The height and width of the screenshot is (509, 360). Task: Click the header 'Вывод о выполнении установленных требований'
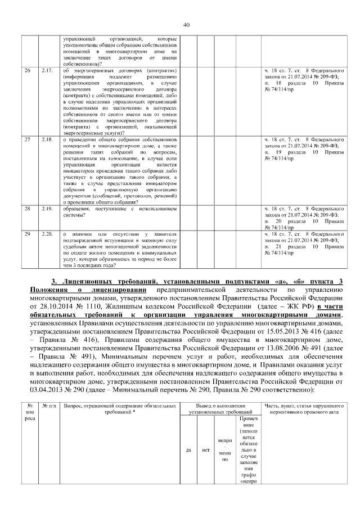click(x=217, y=409)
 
